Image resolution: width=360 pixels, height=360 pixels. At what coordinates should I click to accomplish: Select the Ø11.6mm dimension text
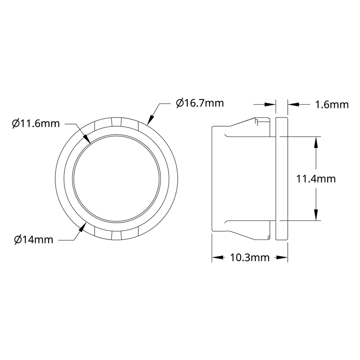click(x=36, y=123)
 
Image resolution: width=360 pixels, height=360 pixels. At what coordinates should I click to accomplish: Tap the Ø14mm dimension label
click(x=34, y=240)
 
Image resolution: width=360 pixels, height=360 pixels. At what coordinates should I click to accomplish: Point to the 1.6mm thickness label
click(x=332, y=104)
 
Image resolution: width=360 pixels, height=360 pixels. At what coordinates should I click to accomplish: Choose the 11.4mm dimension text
click(x=316, y=179)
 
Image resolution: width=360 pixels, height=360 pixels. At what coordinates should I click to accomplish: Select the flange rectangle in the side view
click(x=282, y=179)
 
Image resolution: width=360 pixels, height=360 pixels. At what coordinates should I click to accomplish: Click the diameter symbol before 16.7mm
click(x=179, y=103)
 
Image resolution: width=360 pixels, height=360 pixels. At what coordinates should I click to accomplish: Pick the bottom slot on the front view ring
click(x=116, y=235)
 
